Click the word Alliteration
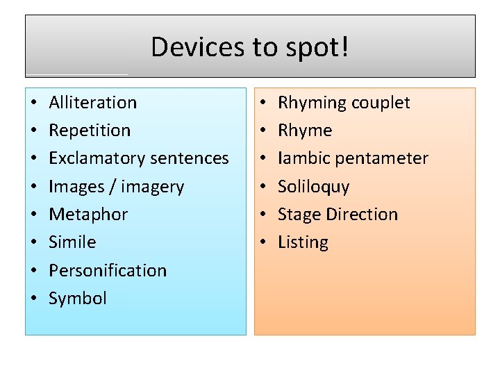92,103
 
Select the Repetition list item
90,131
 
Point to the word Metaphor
88,215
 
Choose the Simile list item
72,242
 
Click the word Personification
108,270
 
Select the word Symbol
78,299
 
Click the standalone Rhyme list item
305,131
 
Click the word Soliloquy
313,187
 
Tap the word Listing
303,242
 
